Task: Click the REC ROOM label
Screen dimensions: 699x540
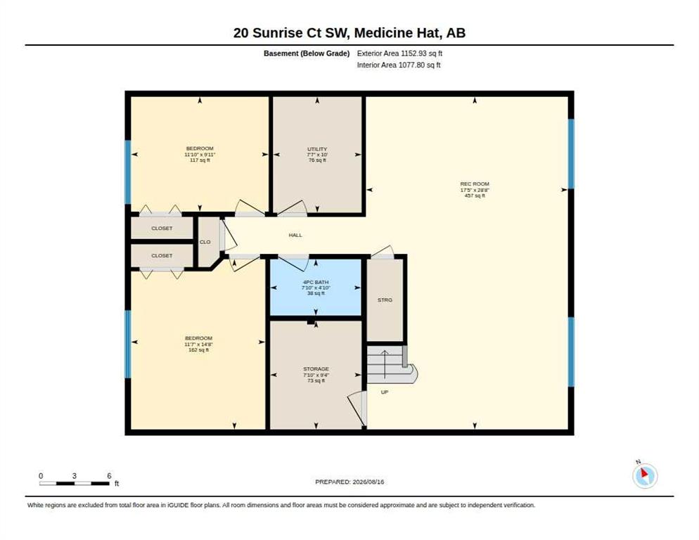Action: [474, 184]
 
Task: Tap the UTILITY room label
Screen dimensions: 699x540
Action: [317, 149]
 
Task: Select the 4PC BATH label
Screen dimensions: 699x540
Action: [316, 282]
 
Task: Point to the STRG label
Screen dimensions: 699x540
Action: [385, 300]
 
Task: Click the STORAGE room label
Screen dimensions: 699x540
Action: [316, 369]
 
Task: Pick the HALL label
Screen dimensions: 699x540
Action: [295, 235]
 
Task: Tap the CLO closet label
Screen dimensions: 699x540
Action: [205, 242]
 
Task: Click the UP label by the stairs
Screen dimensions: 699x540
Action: [384, 392]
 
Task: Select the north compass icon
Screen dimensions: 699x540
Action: [645, 475]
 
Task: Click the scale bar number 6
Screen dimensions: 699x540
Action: [109, 476]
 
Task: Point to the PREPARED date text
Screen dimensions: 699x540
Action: [349, 482]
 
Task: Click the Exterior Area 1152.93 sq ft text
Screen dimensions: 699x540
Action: [399, 53]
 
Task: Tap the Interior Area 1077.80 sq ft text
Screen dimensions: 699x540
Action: [399, 65]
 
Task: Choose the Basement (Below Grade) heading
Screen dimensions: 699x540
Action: [307, 53]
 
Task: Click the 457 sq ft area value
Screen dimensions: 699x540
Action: [474, 195]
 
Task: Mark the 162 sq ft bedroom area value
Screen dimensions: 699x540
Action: [199, 350]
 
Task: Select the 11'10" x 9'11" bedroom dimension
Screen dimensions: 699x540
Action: [200, 154]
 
